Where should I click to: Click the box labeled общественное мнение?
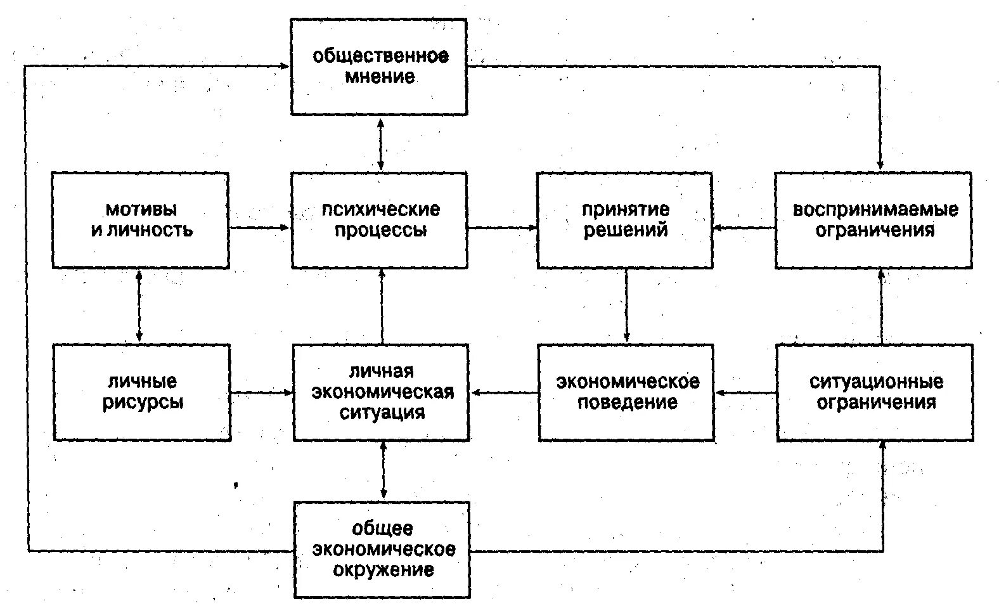[379, 67]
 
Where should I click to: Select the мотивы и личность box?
[140, 220]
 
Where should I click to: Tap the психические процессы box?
[379, 220]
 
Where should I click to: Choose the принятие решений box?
[625, 220]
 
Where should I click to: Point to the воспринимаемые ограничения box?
[873, 220]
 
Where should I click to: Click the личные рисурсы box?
[142, 392]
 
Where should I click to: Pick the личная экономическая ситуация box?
[381, 392]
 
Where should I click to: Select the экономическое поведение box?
[626, 392]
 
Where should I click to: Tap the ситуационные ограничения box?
[875, 392]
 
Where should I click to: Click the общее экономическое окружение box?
[382, 550]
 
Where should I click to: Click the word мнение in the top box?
[380, 77]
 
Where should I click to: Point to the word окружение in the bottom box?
[383, 570]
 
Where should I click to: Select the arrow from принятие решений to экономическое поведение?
[626, 306]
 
